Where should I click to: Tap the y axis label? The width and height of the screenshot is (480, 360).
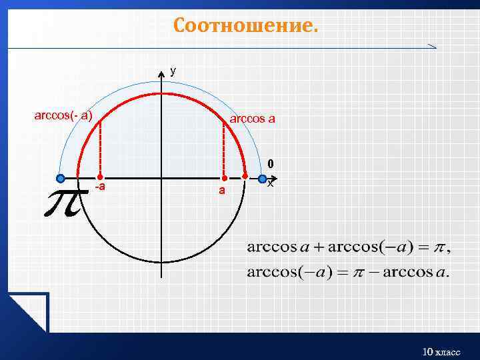(173, 70)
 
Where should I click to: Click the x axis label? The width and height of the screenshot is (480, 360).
(270, 183)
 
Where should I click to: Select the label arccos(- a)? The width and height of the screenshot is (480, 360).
(63, 115)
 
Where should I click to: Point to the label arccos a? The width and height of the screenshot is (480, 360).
(252, 119)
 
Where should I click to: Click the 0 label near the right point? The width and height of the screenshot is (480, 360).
(270, 163)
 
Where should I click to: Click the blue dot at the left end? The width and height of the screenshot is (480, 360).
(61, 178)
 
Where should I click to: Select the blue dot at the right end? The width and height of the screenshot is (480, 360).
(263, 179)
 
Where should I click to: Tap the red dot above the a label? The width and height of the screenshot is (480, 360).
(225, 179)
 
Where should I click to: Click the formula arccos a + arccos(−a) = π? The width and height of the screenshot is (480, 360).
(348, 248)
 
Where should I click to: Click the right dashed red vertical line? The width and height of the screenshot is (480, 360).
(225, 150)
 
